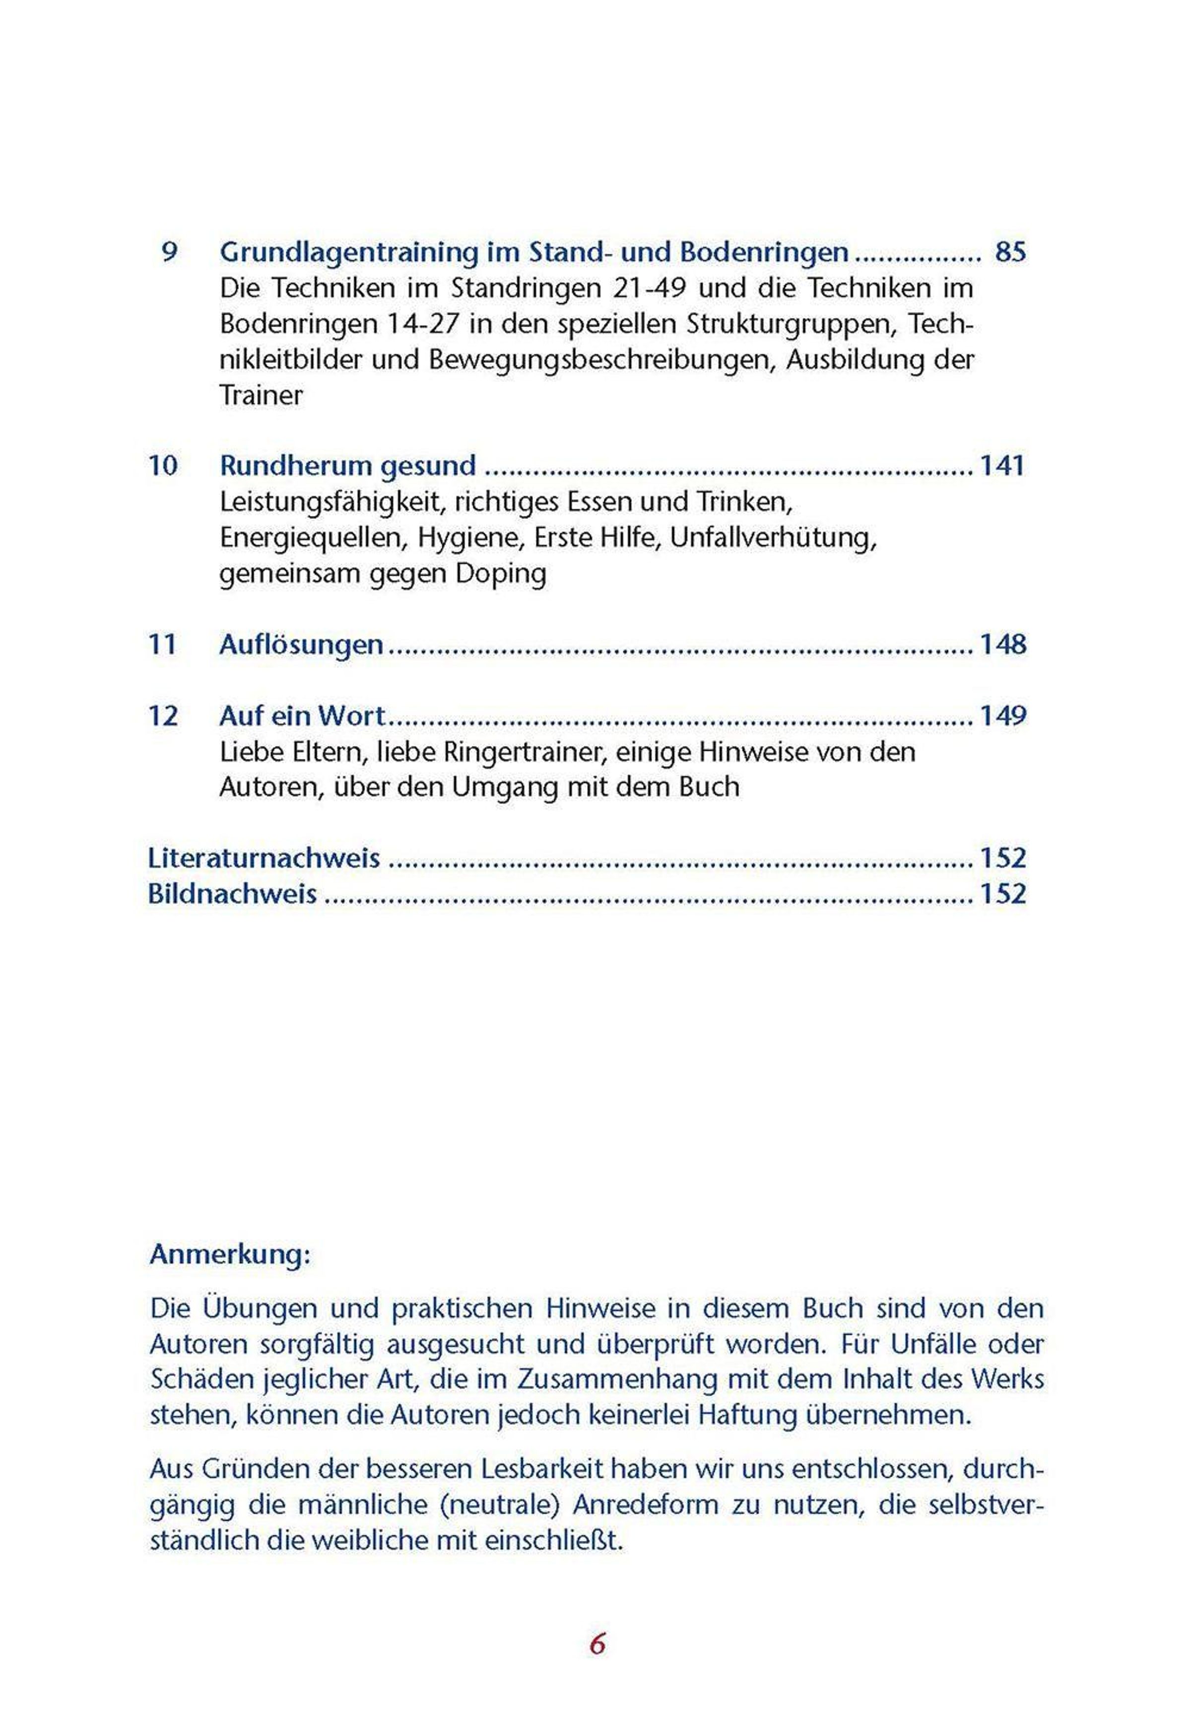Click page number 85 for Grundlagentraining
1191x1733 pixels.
click(1010, 252)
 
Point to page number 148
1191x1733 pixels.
click(1003, 645)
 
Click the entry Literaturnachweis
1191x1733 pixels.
click(264, 859)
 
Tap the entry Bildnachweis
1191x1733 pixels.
click(233, 894)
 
